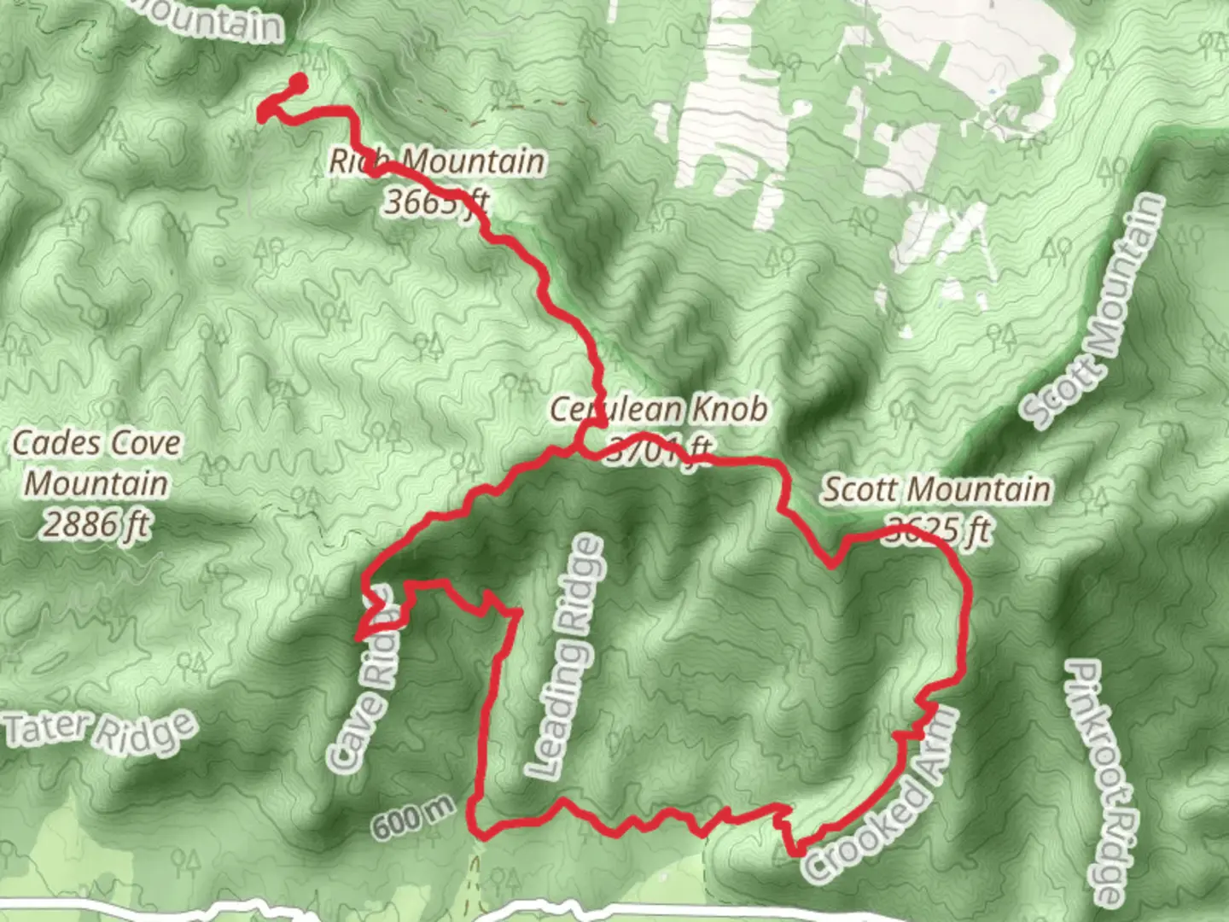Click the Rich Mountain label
[x=437, y=161]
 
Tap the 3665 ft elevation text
[x=436, y=202]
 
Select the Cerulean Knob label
[x=658, y=410]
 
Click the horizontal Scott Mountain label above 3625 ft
[x=936, y=490]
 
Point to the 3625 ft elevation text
[x=938, y=530]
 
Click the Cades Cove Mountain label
[x=96, y=463]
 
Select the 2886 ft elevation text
[x=96, y=523]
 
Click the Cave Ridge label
[x=365, y=683]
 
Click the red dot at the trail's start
[x=299, y=82]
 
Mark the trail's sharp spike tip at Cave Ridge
[x=358, y=637]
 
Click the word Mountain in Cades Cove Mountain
[x=96, y=483]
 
